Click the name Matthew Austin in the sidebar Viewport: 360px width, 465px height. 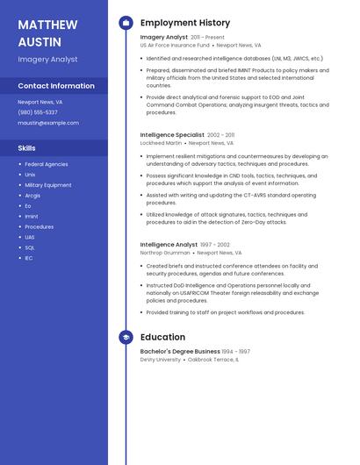coord(47,32)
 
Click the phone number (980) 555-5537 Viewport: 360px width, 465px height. coord(38,112)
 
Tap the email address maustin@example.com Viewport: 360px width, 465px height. coord(48,123)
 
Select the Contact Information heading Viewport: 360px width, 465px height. coord(56,86)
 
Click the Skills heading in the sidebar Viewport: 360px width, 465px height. coord(26,148)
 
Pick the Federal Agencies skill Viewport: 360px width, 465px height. coord(46,164)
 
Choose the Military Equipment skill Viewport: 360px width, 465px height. coord(48,185)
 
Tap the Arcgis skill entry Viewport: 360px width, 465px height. coord(32,196)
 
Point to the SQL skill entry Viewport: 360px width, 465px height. coord(30,247)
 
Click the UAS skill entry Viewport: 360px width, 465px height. coord(30,237)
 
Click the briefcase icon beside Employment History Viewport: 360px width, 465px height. coord(126,23)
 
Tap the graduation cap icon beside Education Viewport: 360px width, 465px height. coord(126,337)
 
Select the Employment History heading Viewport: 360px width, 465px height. coord(185,23)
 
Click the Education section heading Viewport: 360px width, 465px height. coord(162,337)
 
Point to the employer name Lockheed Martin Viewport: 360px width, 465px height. coord(161,142)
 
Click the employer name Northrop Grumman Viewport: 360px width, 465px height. coord(164,253)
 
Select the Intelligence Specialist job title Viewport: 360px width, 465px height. coord(172,135)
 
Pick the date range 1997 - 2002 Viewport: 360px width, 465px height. coord(215,245)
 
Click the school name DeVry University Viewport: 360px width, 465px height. coord(161,359)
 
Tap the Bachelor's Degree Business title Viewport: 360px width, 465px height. coord(180,352)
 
